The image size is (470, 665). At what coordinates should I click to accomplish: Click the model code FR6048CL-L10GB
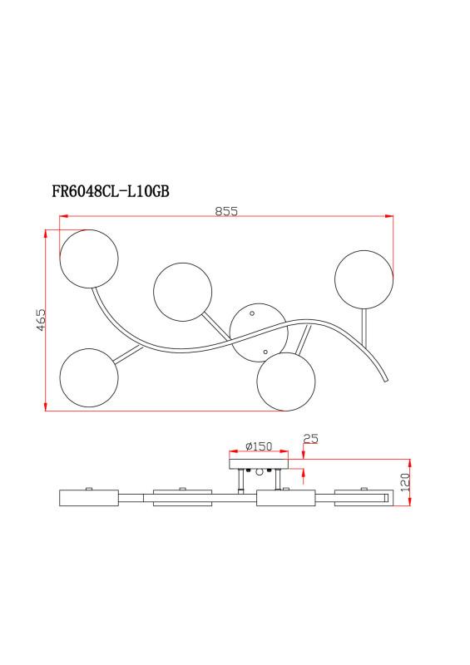coord(111,192)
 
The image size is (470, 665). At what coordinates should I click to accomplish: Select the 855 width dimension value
coord(226,211)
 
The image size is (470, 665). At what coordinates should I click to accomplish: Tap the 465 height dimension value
coord(40,320)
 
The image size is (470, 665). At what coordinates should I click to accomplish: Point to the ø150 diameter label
coord(259,446)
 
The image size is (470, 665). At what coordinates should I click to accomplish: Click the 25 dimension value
coord(310,439)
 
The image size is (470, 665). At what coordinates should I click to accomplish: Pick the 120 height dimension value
coord(404,482)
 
